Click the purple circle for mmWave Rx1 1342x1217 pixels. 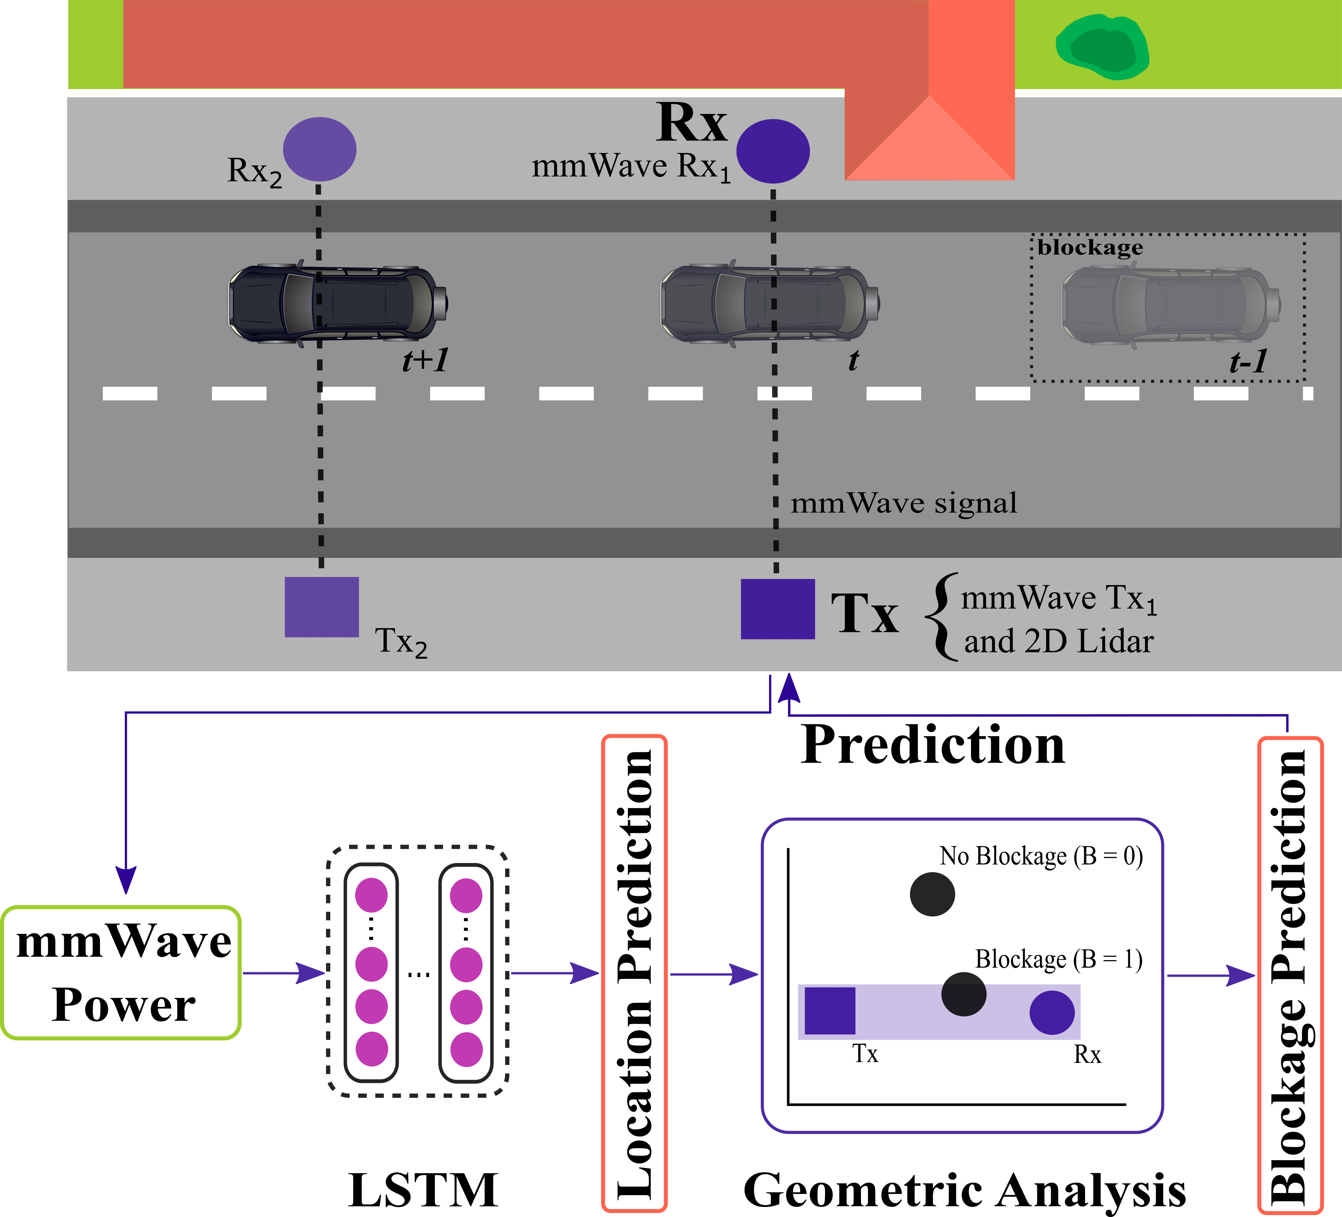773,151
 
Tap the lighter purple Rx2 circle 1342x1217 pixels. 320,149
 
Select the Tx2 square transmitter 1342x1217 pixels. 321,606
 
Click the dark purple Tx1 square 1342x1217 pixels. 778,608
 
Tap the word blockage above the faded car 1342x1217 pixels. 1090,248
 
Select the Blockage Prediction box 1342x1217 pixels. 1289,975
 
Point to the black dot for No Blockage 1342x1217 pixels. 932,894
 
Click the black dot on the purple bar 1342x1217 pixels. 963,994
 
